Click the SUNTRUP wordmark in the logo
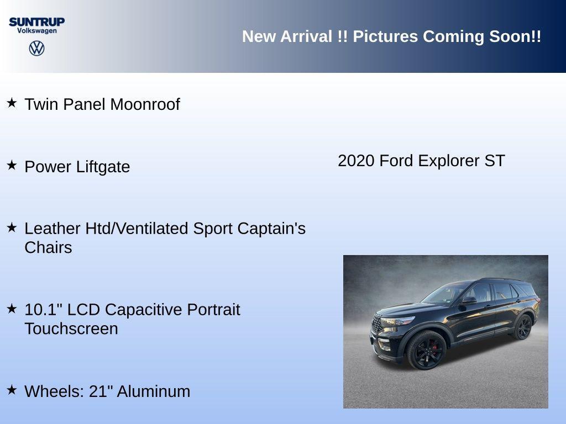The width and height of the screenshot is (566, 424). pyautogui.click(x=36, y=22)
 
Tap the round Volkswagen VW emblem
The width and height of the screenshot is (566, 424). pyautogui.click(x=36, y=48)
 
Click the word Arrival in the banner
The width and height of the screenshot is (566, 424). pyautogui.click(x=306, y=36)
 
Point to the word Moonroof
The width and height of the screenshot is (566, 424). pyautogui.click(x=145, y=104)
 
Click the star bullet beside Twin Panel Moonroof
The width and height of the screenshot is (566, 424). pyautogui.click(x=12, y=103)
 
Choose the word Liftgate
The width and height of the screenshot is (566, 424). pyautogui.click(x=104, y=167)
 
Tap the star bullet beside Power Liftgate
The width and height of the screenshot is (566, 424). pyautogui.click(x=12, y=165)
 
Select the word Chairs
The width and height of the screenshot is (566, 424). pyautogui.click(x=48, y=247)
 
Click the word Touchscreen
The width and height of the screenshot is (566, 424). pyautogui.click(x=71, y=328)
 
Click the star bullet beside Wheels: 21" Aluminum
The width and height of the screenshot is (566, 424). pyautogui.click(x=12, y=390)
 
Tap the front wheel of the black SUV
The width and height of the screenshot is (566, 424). pyautogui.click(x=426, y=350)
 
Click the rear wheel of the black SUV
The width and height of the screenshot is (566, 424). pyautogui.click(x=522, y=327)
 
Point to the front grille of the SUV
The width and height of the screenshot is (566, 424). pyautogui.click(x=378, y=325)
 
